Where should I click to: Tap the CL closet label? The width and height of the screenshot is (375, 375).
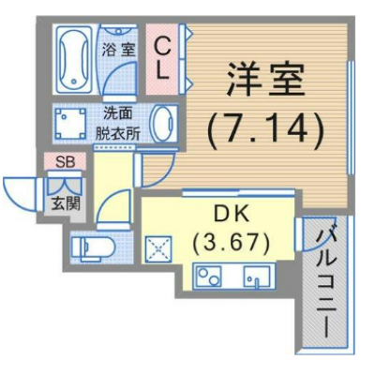[x=161, y=56]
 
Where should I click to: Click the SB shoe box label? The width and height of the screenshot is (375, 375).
[x=65, y=162]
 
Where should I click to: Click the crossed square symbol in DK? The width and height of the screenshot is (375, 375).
[x=157, y=250]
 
